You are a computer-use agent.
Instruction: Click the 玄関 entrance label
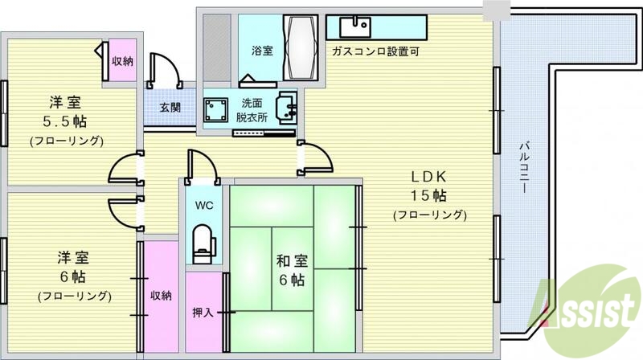pos(170,107)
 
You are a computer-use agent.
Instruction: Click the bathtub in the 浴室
pos(302,47)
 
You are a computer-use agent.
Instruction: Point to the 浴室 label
pos(262,51)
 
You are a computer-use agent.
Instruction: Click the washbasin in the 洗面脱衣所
pos(287,107)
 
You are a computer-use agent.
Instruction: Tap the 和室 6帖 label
pos(291,269)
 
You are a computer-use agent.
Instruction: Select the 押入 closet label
pos(203,313)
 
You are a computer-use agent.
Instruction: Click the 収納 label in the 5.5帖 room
pos(122,60)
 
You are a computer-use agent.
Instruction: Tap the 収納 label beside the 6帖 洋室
pos(161,296)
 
